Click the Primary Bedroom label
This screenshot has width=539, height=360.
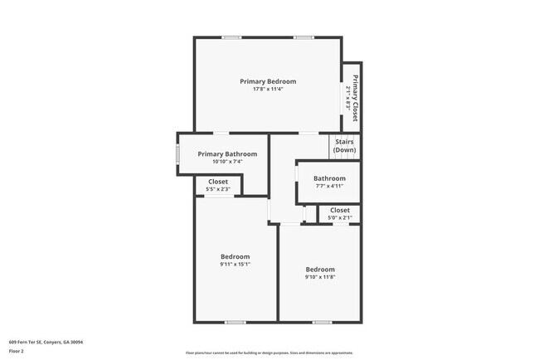coord(268,81)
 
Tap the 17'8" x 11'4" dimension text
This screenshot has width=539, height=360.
coord(268,90)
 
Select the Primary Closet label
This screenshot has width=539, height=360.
coord(355,93)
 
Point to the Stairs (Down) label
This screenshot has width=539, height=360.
coord(345,146)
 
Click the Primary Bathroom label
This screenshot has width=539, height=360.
coord(227,153)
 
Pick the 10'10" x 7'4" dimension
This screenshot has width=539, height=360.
coord(227,162)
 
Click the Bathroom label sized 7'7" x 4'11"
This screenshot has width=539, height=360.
coord(329,178)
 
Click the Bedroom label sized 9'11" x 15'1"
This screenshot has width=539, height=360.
coord(235,256)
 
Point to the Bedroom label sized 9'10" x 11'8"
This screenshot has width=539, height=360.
coord(320,269)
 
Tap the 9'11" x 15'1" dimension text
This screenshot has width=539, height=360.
coord(235,265)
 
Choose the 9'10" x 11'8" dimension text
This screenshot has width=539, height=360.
coord(320,277)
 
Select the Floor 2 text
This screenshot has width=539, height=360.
coord(17,351)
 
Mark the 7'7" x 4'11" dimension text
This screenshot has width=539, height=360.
coord(329,186)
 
